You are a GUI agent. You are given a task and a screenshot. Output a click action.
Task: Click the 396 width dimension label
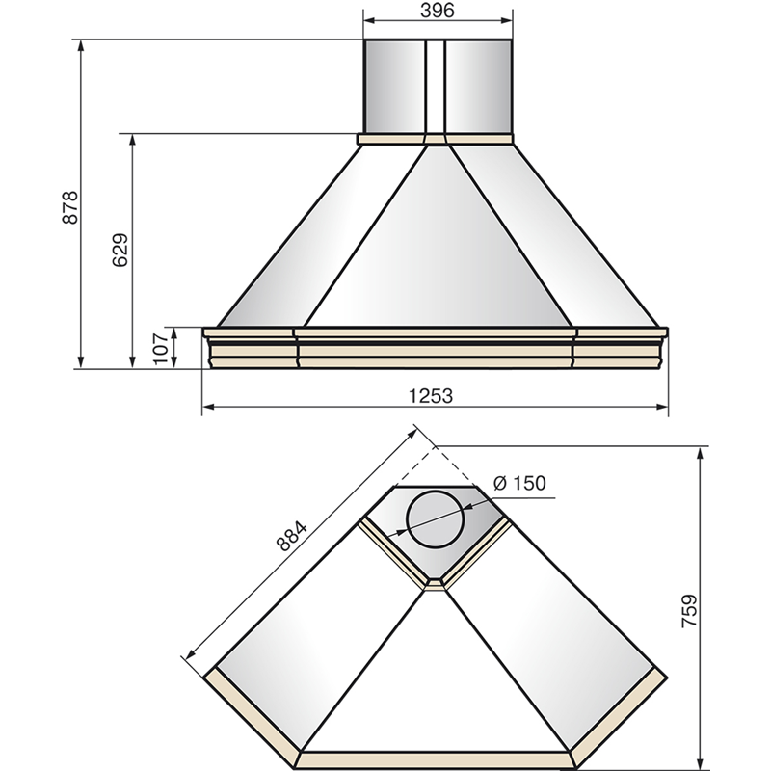pyautogui.click(x=438, y=11)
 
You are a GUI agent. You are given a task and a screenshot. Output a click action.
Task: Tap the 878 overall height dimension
pyautogui.click(x=70, y=207)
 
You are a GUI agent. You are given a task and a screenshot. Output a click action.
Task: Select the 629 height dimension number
pyautogui.click(x=120, y=250)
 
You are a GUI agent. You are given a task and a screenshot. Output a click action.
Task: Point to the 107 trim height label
pyautogui.click(x=161, y=349)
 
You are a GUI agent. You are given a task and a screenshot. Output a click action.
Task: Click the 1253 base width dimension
pyautogui.click(x=431, y=395)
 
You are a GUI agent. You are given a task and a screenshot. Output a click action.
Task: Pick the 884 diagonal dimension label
pyautogui.click(x=291, y=536)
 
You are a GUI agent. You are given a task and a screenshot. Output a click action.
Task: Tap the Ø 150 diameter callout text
pyautogui.click(x=519, y=483)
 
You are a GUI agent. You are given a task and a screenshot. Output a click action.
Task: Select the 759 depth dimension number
pyautogui.click(x=689, y=611)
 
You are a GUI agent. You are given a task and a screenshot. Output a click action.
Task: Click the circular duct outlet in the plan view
pyautogui.click(x=435, y=519)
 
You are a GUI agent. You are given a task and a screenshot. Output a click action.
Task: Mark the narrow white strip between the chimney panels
pyautogui.click(x=435, y=87)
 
